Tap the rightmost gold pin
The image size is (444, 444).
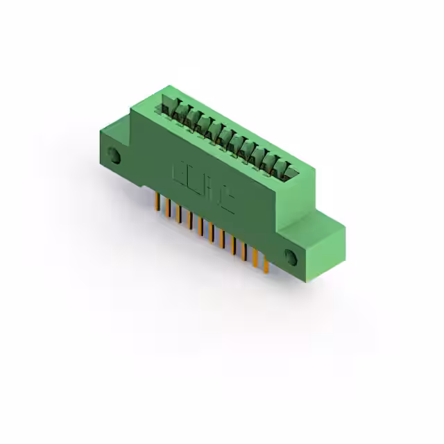[x=264, y=264]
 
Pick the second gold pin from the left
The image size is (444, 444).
[x=167, y=207]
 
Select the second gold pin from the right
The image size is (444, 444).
[x=255, y=257]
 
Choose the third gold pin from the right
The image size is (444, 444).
[x=244, y=251]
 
